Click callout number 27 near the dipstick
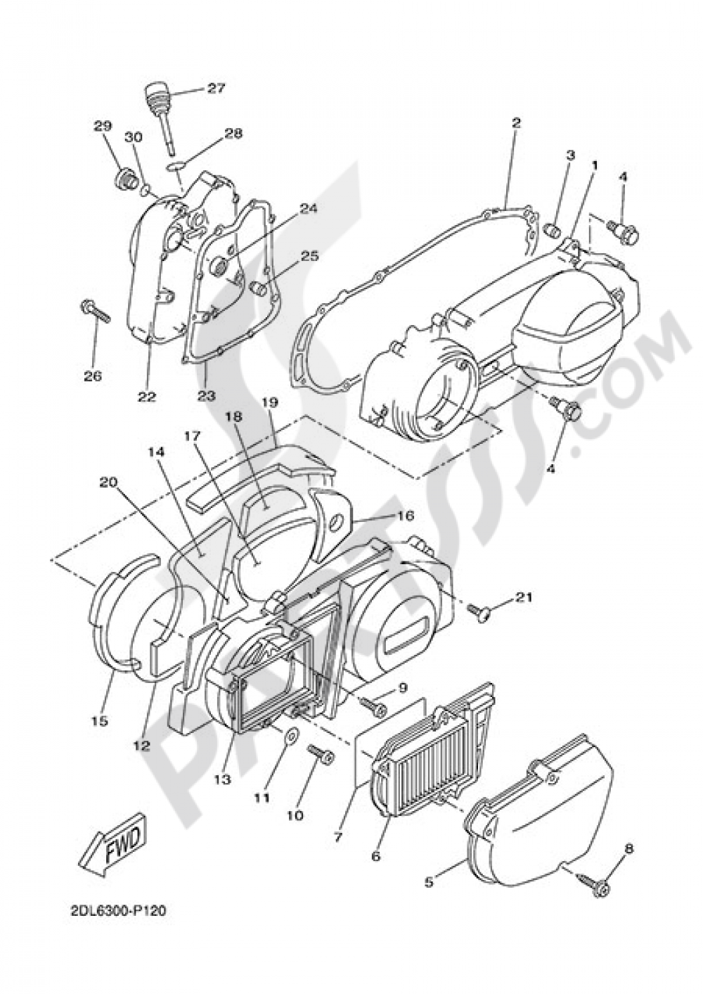pyautogui.click(x=216, y=88)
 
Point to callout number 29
pyautogui.click(x=102, y=126)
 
